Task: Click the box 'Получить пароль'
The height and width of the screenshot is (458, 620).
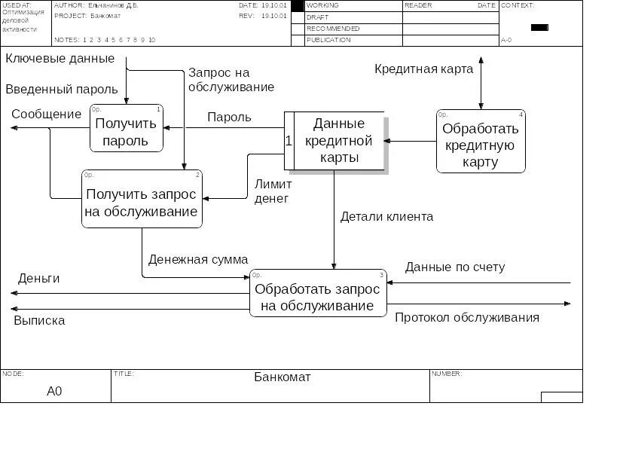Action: click(127, 129)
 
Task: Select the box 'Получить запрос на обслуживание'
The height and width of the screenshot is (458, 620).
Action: click(142, 200)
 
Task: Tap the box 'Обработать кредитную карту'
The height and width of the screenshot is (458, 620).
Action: click(481, 142)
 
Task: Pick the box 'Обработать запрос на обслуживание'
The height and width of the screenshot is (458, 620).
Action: click(318, 294)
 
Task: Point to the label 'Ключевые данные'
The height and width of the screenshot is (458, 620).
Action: click(60, 59)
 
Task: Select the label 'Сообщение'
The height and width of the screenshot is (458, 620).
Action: click(47, 114)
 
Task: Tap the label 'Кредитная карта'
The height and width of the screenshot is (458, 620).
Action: click(424, 69)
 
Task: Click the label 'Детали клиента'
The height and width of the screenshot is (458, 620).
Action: click(386, 217)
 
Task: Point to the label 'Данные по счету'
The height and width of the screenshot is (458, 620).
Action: click(455, 267)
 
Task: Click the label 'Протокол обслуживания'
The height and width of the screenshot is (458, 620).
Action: click(467, 317)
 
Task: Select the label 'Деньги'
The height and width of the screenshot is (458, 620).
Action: click(39, 279)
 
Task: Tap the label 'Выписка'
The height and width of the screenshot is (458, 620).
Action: click(39, 321)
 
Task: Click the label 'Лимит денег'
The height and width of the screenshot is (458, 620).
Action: click(272, 191)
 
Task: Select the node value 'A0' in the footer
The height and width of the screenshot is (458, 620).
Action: click(54, 391)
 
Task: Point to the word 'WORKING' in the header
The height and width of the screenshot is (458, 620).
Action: click(322, 5)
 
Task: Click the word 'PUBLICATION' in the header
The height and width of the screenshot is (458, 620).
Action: click(328, 40)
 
